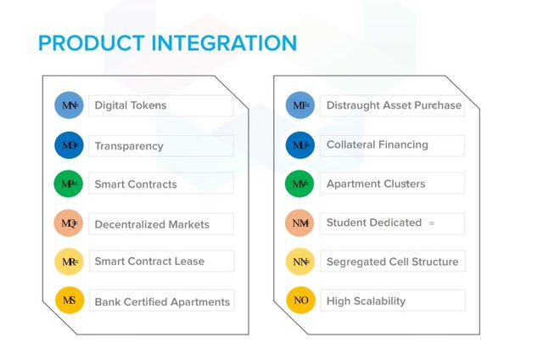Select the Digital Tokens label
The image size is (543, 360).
pyautogui.click(x=130, y=106)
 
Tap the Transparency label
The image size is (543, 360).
pyautogui.click(x=128, y=146)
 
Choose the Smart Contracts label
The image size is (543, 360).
pyautogui.click(x=136, y=184)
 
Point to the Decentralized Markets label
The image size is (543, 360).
pyautogui.click(x=151, y=225)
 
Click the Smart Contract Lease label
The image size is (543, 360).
pyautogui.click(x=149, y=262)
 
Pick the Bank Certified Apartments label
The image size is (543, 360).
pyautogui.click(x=162, y=301)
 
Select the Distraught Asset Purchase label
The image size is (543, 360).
pyautogui.click(x=394, y=106)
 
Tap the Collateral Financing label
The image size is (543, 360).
pyautogui.click(x=377, y=145)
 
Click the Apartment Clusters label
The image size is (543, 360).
pyautogui.click(x=376, y=184)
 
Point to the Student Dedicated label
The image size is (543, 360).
pyautogui.click(x=373, y=222)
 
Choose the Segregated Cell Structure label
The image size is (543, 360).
pyautogui.click(x=392, y=262)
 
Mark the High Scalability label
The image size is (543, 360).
pyautogui.click(x=366, y=301)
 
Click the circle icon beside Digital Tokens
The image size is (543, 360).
pyautogui.click(x=69, y=106)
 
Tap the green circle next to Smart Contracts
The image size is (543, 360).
pyautogui.click(x=69, y=184)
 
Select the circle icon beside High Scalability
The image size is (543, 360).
pyautogui.click(x=300, y=301)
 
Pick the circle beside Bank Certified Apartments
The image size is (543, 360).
pyautogui.click(x=69, y=301)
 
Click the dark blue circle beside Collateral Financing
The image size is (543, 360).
pyautogui.click(x=300, y=145)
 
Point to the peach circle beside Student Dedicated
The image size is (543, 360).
pyautogui.click(x=300, y=223)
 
